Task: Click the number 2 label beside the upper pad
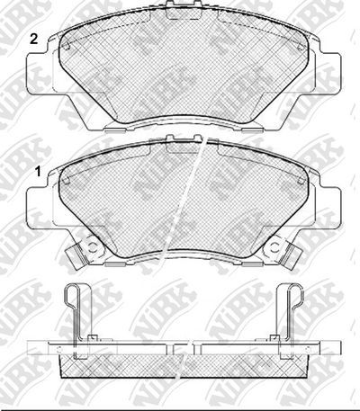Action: tap(33, 40)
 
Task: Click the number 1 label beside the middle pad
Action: tap(38, 172)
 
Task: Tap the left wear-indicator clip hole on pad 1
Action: tap(93, 248)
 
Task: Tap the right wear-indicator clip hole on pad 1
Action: tap(274, 248)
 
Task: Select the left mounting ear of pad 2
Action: tap(39, 74)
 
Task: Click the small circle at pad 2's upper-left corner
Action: tap(67, 47)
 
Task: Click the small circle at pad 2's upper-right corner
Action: tap(300, 48)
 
